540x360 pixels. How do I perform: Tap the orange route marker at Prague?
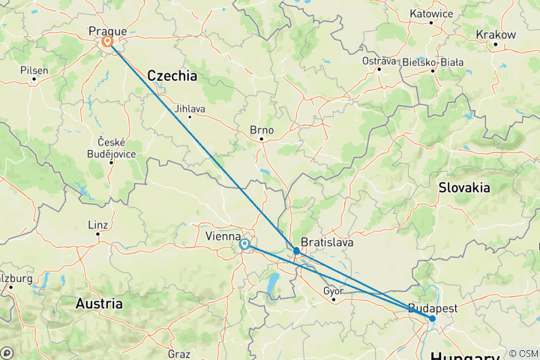point(108,43)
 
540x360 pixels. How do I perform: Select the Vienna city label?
point(222,236)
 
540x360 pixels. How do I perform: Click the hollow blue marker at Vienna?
point(244,244)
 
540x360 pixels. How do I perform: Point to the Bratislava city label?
point(328,244)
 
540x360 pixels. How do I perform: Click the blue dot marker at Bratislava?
point(297,251)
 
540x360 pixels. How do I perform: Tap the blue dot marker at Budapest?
point(432,319)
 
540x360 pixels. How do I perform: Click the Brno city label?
point(262,130)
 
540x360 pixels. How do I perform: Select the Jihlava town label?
point(189,108)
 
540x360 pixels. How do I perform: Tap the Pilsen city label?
point(34,70)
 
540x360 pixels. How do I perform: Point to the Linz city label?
point(98,225)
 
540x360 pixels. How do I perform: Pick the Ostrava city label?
point(379,60)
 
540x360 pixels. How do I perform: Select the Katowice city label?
point(432,13)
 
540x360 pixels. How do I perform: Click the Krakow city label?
point(496,34)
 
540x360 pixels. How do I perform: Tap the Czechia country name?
point(172,76)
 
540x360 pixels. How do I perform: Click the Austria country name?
point(99,304)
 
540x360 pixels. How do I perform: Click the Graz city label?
point(179,353)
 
